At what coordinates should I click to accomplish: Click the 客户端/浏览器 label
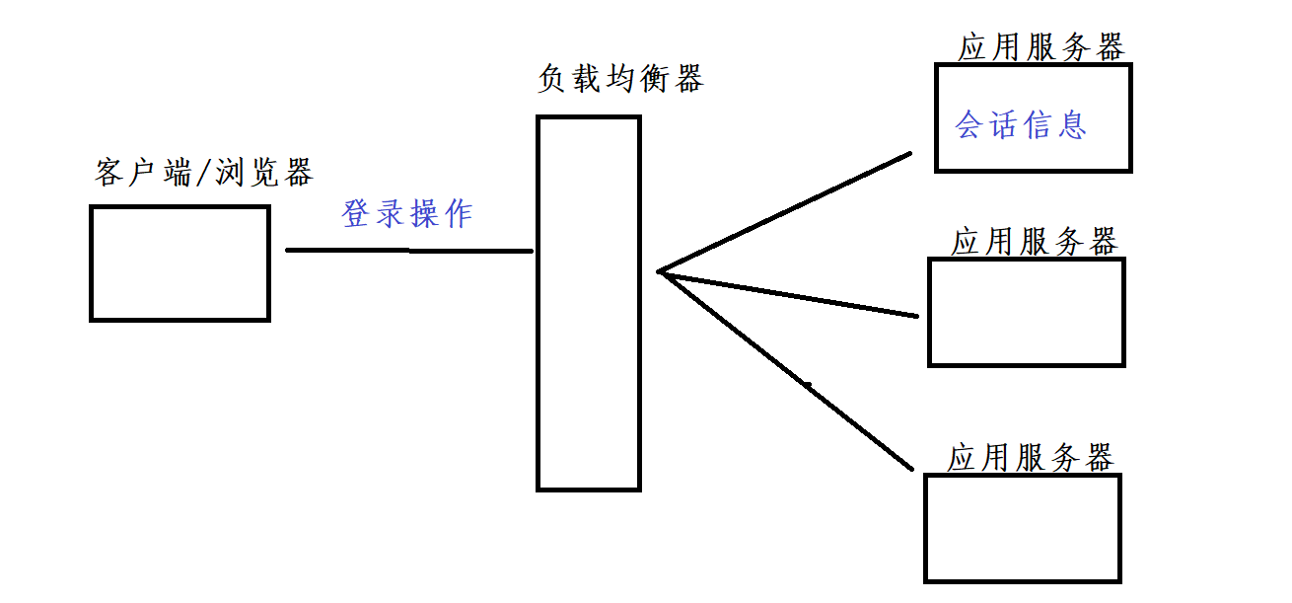click(204, 173)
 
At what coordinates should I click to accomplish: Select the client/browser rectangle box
click(179, 263)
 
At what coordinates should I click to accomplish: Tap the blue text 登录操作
click(407, 214)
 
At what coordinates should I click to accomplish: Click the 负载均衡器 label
click(620, 79)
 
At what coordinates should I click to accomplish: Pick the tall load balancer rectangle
click(589, 302)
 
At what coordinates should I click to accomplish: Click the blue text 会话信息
click(1021, 125)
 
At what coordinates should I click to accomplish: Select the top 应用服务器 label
click(1041, 47)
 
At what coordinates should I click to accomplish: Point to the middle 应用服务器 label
click(1035, 242)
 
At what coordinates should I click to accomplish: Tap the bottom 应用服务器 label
click(1031, 458)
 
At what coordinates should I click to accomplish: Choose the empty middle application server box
click(1026, 312)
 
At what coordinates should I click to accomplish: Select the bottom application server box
click(1023, 528)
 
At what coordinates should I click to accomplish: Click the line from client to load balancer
click(409, 251)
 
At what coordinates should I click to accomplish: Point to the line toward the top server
click(785, 211)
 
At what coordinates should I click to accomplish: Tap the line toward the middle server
click(789, 294)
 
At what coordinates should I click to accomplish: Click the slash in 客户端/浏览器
click(204, 174)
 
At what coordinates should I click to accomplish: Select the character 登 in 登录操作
click(357, 214)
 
